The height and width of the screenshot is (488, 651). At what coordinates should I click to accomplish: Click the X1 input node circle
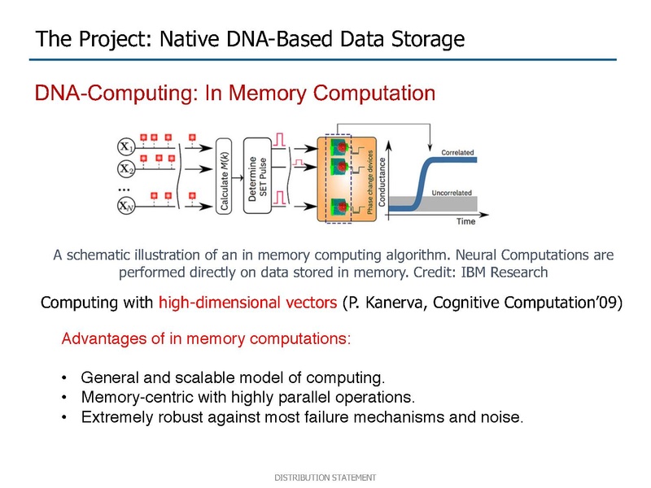tap(126, 146)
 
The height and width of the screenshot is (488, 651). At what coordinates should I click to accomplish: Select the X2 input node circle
tap(126, 168)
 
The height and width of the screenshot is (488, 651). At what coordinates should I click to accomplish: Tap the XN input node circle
tap(126, 206)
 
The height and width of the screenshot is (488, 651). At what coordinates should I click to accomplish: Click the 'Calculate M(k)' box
tap(224, 176)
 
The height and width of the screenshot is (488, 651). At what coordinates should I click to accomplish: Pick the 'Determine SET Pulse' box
tap(257, 176)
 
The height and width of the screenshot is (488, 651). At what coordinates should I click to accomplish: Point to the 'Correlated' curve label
tap(457, 152)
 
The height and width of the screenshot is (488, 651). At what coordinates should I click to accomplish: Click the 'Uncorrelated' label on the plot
tap(452, 193)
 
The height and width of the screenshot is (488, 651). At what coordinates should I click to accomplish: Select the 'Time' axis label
tap(465, 221)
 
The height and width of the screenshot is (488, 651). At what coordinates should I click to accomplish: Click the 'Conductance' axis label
tap(382, 182)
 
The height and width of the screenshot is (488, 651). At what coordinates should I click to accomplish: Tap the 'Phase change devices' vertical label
tap(370, 181)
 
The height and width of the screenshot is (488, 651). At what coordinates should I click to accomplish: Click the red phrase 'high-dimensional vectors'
tap(248, 303)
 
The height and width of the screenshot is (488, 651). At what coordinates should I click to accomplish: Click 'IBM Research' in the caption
tap(504, 272)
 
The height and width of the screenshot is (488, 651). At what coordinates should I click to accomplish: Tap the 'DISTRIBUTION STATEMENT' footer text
tap(325, 477)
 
